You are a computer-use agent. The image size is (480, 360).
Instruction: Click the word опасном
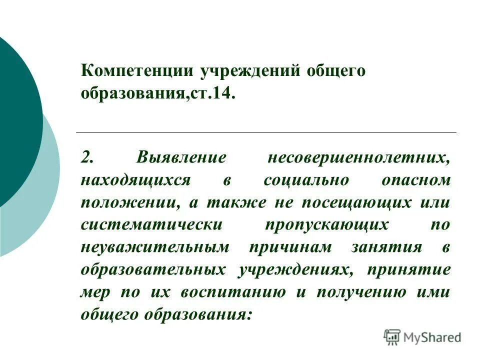pyautogui.click(x=416, y=180)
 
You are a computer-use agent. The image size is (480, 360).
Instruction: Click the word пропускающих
pyautogui.click(x=327, y=224)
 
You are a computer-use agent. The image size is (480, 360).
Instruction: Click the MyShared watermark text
pyautogui.click(x=432, y=337)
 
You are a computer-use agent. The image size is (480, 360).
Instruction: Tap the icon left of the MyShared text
pyautogui.click(x=392, y=337)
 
